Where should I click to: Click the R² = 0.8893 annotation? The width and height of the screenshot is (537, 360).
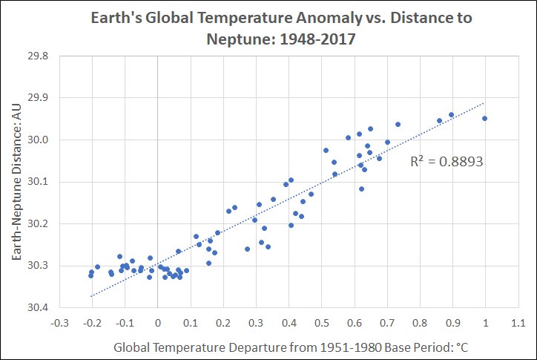click(x=447, y=160)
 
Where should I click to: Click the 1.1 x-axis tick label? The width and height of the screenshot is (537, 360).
click(x=518, y=324)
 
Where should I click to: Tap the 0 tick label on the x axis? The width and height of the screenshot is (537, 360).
click(x=157, y=324)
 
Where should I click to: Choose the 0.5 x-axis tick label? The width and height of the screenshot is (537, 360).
click(x=321, y=324)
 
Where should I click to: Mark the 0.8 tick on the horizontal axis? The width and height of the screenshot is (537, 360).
click(x=420, y=324)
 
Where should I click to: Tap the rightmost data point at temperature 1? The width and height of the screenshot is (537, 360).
click(x=485, y=118)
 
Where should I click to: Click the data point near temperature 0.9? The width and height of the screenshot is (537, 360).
click(x=451, y=114)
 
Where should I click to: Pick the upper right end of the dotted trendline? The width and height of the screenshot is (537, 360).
click(x=484, y=103)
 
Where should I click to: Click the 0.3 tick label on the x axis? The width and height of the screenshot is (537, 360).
click(x=256, y=324)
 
